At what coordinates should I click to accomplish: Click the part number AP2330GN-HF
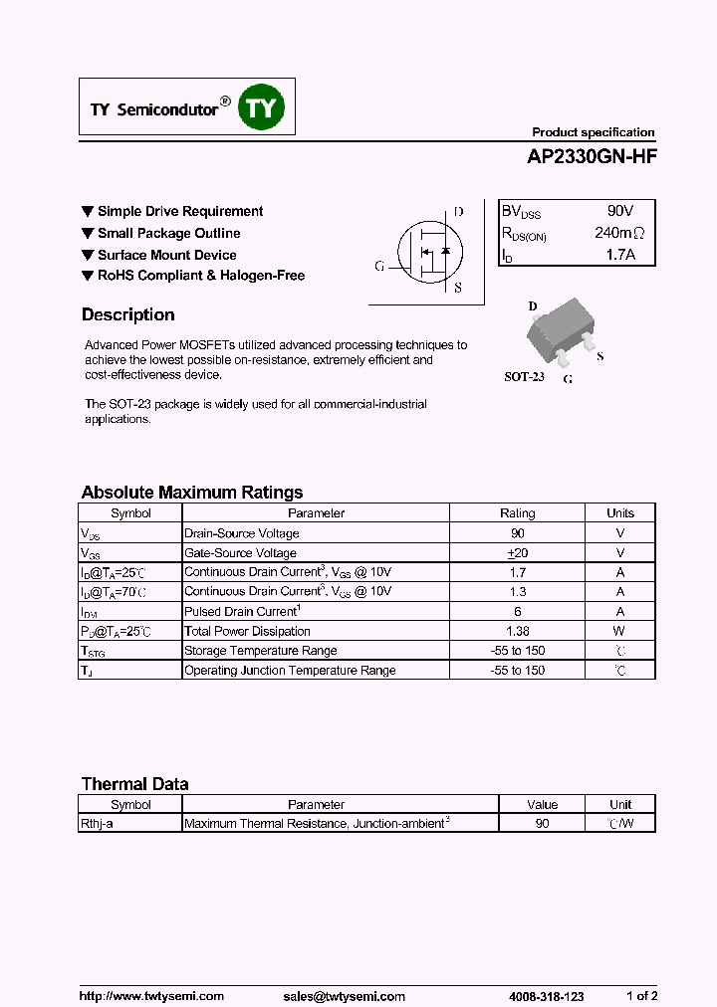592,156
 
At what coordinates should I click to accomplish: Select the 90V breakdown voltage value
619,212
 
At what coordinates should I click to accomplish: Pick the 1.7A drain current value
619,256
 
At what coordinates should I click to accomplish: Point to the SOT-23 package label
524,377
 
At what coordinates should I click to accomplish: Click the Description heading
127,314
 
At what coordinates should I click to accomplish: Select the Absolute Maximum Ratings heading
191,492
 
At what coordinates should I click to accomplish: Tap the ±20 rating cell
517,553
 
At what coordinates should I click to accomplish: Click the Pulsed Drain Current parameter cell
242,611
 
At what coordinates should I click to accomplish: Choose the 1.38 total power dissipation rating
517,631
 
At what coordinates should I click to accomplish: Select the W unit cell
619,631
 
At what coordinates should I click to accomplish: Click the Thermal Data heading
134,783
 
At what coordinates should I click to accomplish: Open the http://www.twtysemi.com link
151,995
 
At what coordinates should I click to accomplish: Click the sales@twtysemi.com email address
344,995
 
